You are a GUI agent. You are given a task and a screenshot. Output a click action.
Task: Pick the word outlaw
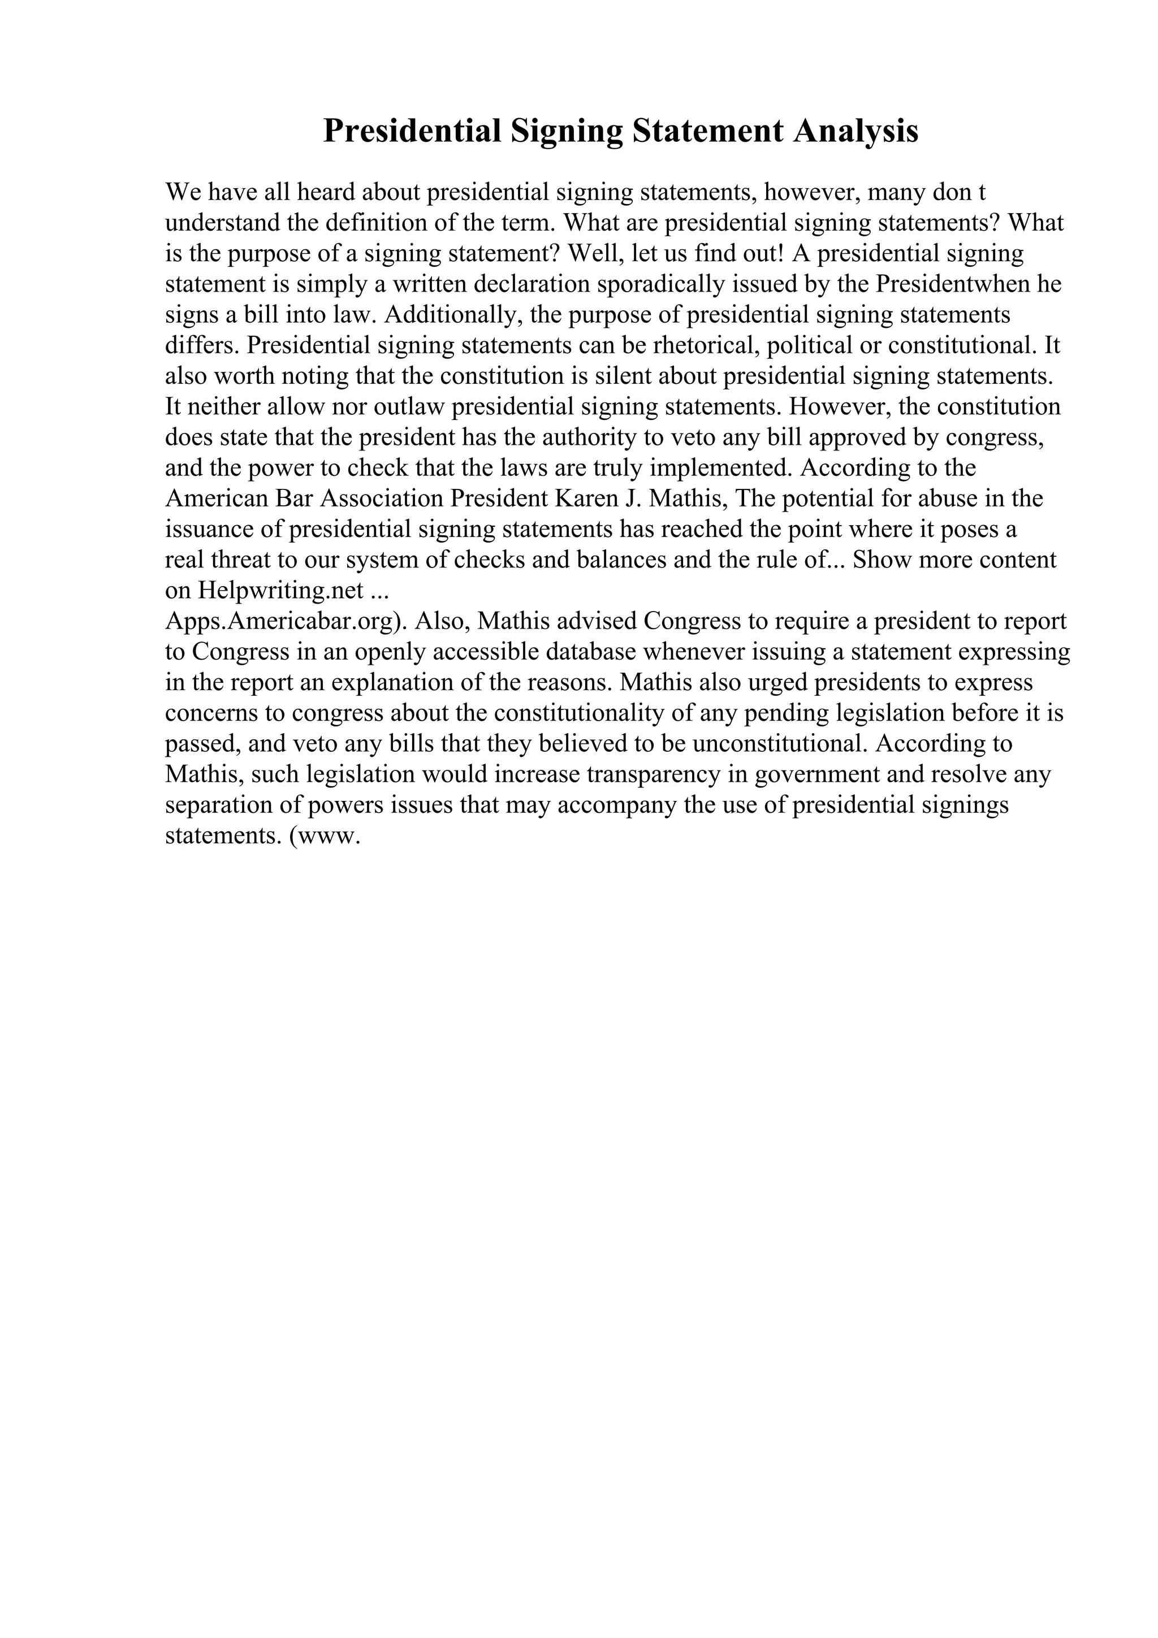[409, 406]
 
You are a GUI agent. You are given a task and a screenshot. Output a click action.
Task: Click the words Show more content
[954, 560]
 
